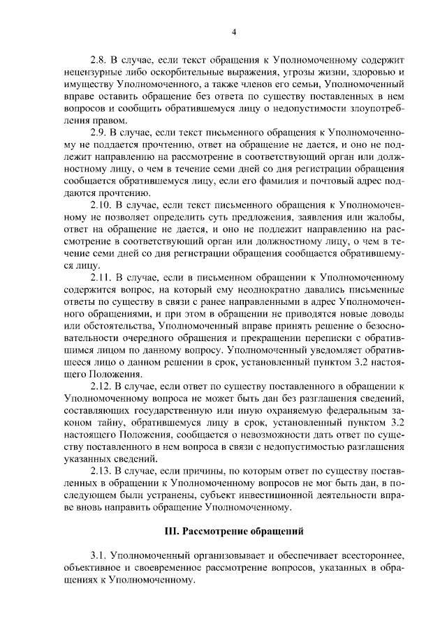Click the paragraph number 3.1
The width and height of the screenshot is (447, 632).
(x=100, y=555)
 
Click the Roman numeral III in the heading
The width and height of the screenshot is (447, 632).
(x=171, y=531)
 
